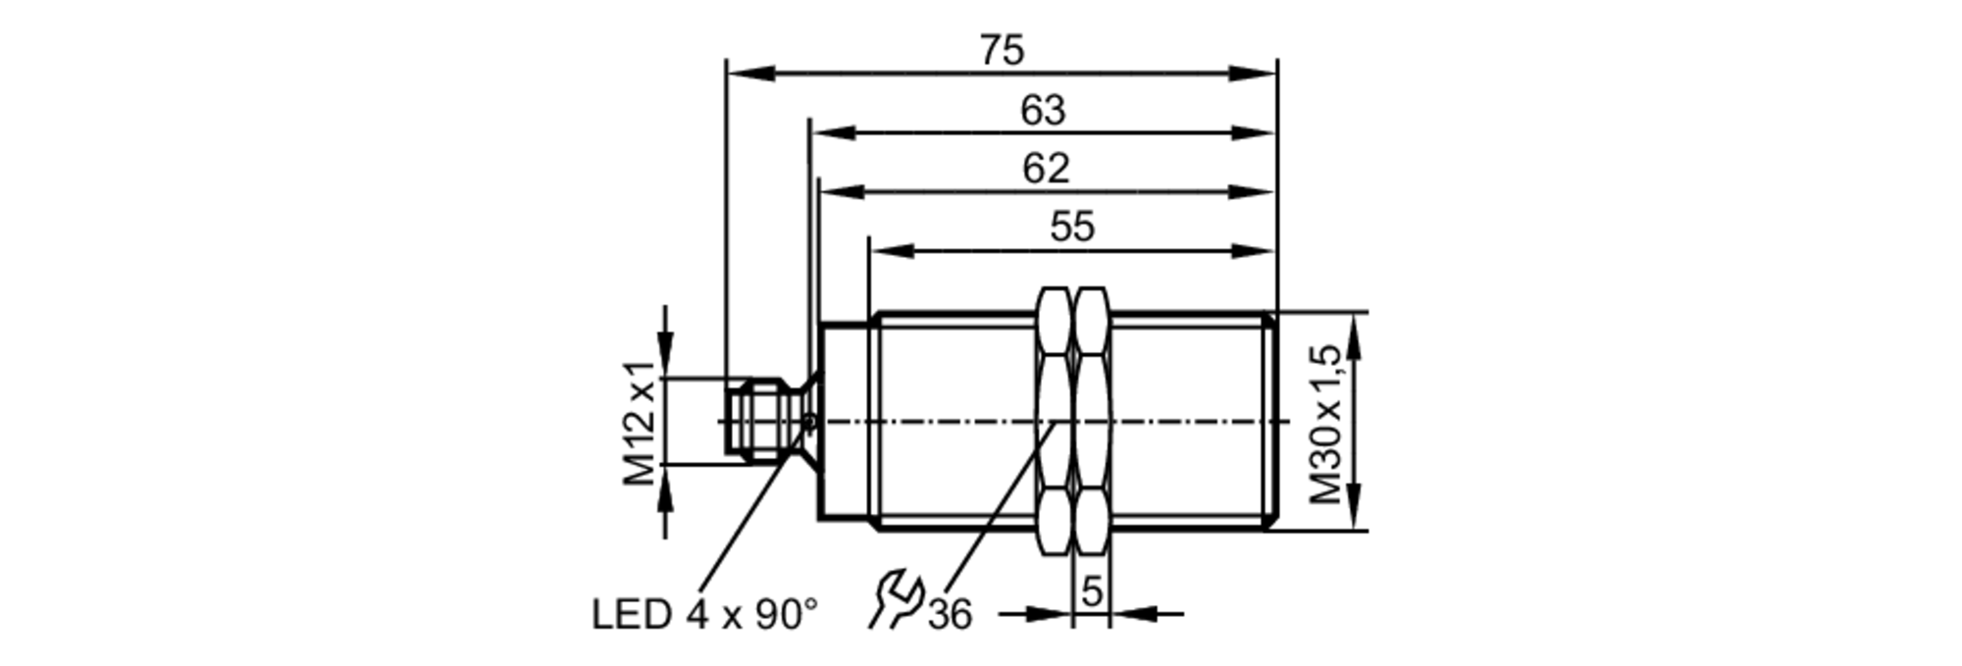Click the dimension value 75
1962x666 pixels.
[x=1002, y=50]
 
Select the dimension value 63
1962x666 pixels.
[x=1042, y=111]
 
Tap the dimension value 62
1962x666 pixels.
[x=1045, y=169]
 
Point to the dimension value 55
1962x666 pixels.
[x=1071, y=228]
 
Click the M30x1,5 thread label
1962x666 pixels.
[x=1326, y=424]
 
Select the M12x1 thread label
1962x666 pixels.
[x=640, y=424]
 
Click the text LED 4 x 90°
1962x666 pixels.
[x=704, y=615]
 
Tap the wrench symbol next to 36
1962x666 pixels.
[x=896, y=600]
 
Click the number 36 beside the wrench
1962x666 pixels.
[x=950, y=616]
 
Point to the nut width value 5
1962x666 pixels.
[x=1092, y=592]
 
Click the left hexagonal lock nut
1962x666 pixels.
[x=1055, y=422]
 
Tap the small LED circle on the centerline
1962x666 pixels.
[x=809, y=422]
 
